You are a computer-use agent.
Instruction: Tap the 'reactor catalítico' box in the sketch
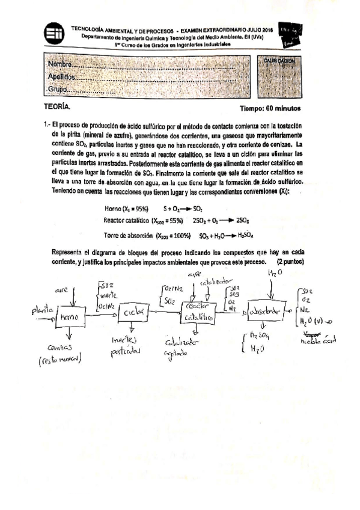[x=197, y=312]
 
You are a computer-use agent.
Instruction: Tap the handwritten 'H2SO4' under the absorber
[x=259, y=336]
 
